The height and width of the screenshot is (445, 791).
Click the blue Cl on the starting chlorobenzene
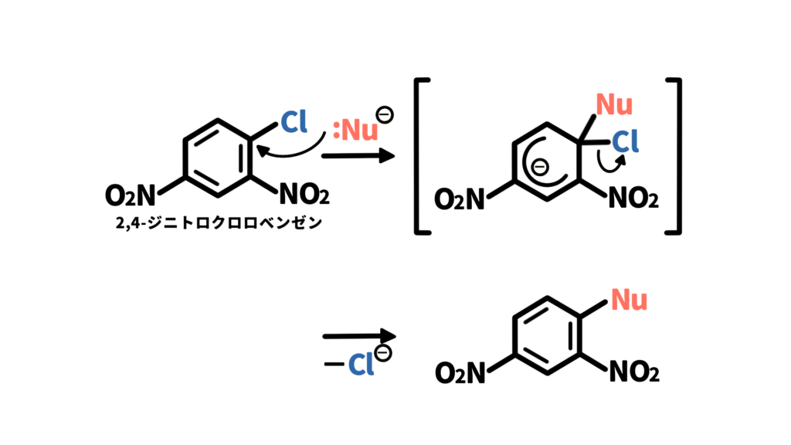(x=294, y=121)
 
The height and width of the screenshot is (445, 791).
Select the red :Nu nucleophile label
(x=355, y=130)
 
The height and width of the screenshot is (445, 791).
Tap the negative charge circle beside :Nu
(x=385, y=114)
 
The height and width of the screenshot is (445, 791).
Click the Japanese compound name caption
(x=219, y=222)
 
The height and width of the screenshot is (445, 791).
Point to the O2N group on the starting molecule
(x=130, y=195)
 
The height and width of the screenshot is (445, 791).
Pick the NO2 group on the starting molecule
(x=304, y=194)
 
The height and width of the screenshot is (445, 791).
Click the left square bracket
(x=422, y=156)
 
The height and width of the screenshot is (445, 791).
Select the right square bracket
(x=674, y=156)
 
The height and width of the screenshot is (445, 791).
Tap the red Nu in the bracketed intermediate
(x=614, y=104)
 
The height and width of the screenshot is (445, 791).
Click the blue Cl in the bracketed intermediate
(x=625, y=141)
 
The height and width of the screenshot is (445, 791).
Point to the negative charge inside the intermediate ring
(x=540, y=167)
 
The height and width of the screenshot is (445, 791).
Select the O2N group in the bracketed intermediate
(x=459, y=199)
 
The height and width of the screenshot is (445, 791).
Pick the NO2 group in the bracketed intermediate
(x=633, y=199)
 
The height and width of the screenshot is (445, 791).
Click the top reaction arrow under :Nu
(x=358, y=156)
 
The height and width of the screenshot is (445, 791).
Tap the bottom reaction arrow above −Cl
(x=359, y=336)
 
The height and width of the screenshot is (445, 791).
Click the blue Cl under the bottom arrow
(x=361, y=364)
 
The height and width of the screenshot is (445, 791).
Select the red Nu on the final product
(x=629, y=300)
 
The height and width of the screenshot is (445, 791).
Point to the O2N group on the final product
(x=460, y=373)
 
